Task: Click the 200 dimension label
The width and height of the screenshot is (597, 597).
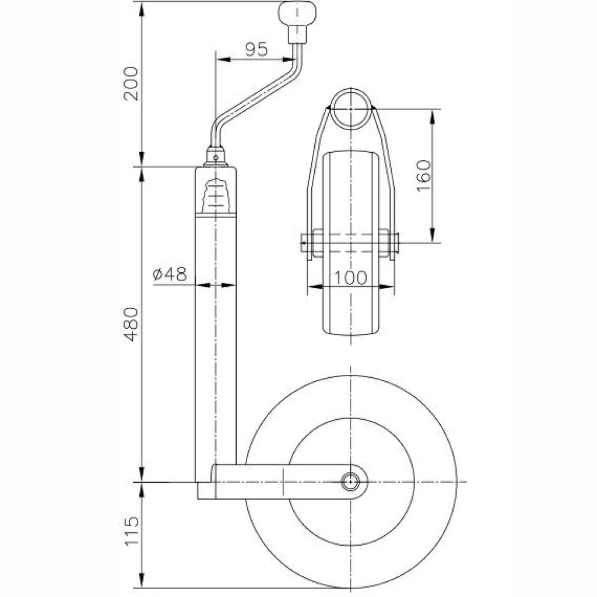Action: pos(132,84)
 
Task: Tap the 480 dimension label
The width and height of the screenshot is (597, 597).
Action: pos(132,324)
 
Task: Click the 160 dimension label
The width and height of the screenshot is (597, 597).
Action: pos(424,175)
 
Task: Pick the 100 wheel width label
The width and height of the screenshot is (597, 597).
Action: pos(352,278)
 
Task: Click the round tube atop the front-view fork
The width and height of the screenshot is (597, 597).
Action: pos(350,108)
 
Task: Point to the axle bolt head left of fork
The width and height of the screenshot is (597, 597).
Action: pos(305,240)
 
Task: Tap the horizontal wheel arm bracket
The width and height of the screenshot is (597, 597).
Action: pos(280,482)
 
